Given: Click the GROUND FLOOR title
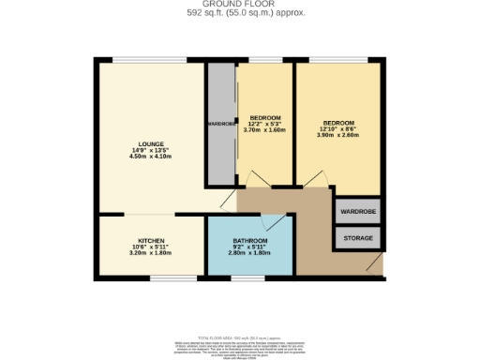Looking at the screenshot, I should pos(240,5).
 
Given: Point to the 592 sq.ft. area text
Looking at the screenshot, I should pos(240,13).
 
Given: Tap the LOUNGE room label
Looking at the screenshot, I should pos(150,142).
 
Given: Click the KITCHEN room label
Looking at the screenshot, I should pos(151,240).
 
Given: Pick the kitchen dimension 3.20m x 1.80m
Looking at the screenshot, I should pos(151,253).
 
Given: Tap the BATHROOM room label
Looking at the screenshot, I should pos(249,241).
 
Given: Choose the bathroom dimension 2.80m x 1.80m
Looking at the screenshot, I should pos(249,254).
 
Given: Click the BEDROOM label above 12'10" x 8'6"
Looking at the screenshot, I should pos(337,123).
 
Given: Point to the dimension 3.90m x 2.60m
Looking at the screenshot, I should pos(337,136).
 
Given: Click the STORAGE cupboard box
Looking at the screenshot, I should pos(357,238).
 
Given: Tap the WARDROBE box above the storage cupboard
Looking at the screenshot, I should pos(357,212).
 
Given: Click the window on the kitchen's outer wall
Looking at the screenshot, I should pos(167,277).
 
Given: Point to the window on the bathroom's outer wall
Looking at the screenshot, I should pos(248,277).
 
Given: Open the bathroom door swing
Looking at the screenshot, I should pos(274,223).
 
